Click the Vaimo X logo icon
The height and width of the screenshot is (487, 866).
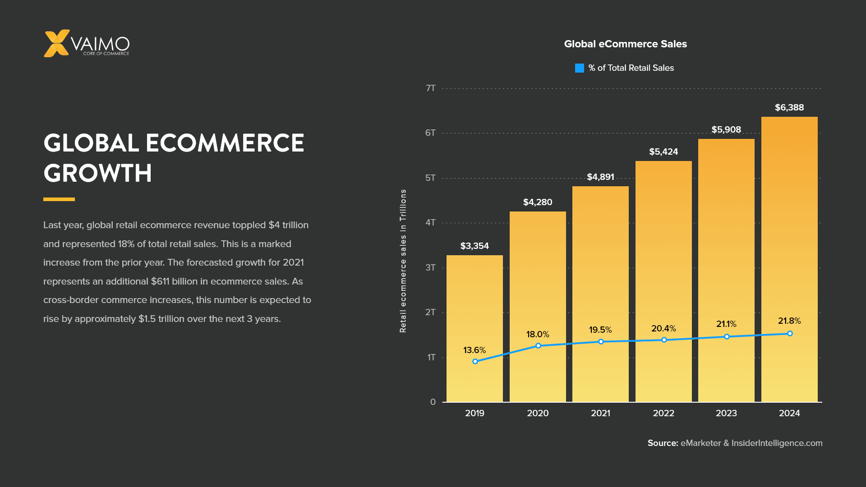[x=56, y=43]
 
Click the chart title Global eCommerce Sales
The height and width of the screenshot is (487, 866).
[x=625, y=44]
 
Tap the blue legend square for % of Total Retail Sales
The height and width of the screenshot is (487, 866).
[x=580, y=68]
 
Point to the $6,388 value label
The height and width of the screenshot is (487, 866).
[x=789, y=107]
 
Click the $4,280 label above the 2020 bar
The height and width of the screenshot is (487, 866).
[x=538, y=202]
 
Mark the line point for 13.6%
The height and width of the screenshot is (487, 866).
[x=475, y=361]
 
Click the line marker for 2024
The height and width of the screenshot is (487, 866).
[x=790, y=334]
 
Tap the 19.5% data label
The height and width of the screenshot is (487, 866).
[x=600, y=330]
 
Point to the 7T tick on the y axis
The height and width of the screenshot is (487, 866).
[x=431, y=88]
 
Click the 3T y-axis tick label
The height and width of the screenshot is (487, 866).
[x=431, y=267]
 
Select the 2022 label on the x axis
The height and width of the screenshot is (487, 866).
[x=663, y=413]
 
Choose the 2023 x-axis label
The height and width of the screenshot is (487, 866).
[x=726, y=413]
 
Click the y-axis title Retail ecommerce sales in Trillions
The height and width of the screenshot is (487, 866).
[x=403, y=261]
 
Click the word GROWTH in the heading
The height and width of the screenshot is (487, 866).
[x=98, y=173]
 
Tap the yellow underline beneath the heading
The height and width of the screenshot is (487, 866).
[x=59, y=199]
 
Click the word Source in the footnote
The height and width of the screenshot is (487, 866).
[x=663, y=443]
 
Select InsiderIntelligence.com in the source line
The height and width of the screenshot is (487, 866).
[x=777, y=443]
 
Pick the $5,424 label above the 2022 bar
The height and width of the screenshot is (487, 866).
[x=663, y=152]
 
